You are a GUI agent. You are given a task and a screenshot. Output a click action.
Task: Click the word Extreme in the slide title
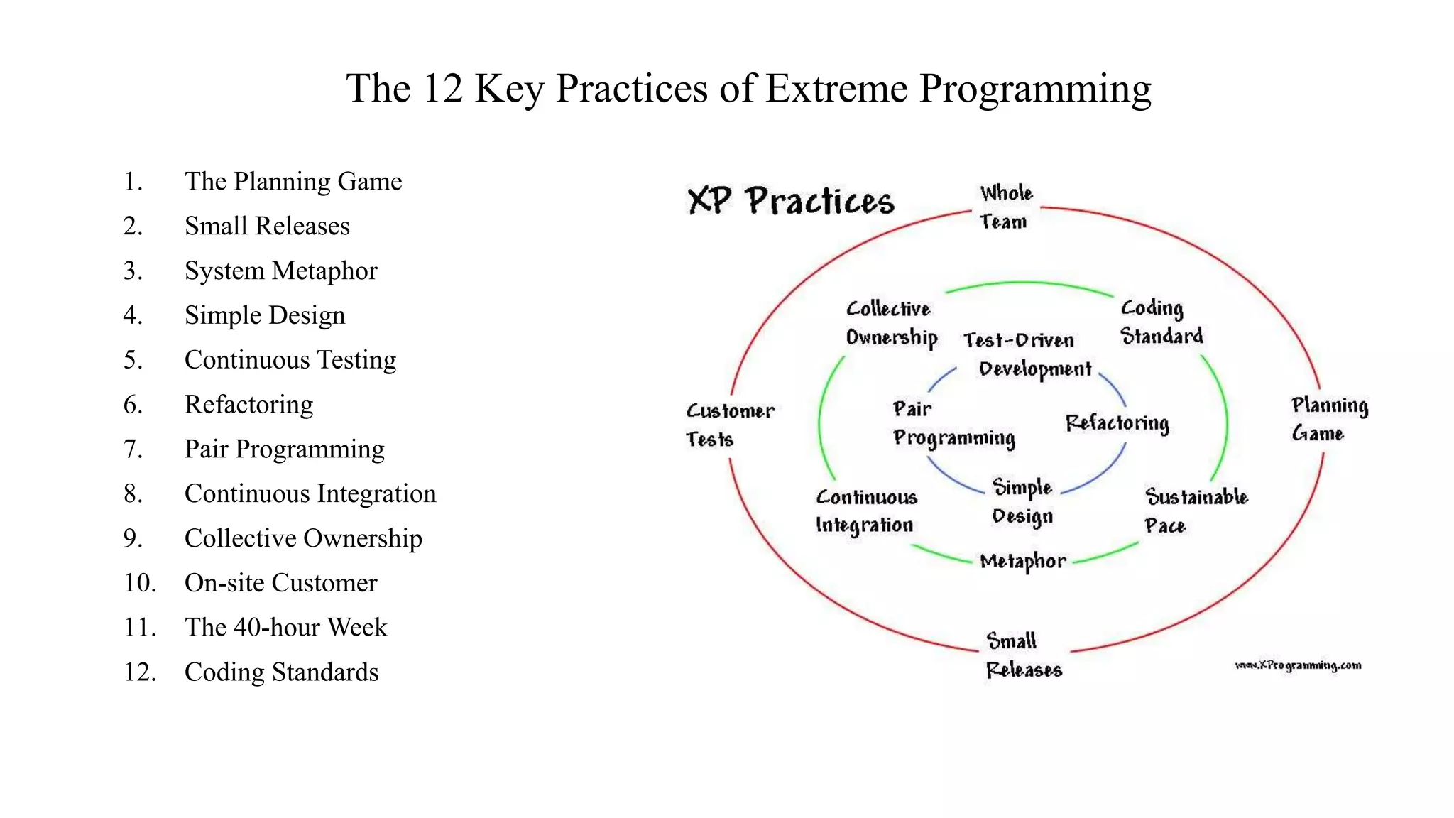(836, 89)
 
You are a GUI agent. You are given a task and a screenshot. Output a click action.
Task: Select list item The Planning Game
(293, 182)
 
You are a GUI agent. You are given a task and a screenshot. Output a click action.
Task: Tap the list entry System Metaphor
(280, 271)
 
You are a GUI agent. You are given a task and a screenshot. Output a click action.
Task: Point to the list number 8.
(133, 494)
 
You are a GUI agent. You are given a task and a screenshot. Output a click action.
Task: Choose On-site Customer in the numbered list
(280, 583)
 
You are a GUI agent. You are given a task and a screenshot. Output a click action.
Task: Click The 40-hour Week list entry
(285, 628)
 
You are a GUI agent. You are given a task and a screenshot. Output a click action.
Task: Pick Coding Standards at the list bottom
(281, 672)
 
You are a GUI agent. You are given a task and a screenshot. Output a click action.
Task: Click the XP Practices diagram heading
(791, 201)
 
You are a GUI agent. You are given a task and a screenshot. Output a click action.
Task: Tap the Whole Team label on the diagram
(1005, 207)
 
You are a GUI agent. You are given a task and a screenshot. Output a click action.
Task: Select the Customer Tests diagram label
(728, 425)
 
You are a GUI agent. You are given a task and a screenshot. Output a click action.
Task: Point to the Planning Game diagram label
(1328, 419)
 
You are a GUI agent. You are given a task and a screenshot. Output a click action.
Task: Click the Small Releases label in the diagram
(1022, 655)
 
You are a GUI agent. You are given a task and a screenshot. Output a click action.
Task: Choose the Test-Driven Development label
(1027, 354)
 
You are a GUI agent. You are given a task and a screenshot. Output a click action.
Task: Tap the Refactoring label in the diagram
(1117, 423)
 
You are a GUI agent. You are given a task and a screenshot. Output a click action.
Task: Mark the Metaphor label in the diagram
(1022, 562)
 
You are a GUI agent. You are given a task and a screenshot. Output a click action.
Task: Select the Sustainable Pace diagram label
(1195, 511)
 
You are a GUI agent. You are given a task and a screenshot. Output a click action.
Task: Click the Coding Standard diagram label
(1161, 322)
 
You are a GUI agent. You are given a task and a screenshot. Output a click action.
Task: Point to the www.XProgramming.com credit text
(1298, 665)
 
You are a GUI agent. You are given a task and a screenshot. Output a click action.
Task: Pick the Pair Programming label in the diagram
(953, 424)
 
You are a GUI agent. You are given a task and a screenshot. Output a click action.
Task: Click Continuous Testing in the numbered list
(290, 360)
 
